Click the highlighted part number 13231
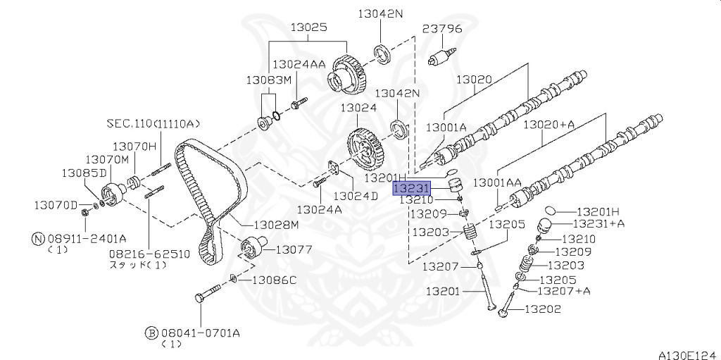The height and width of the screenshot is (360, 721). point(411,189)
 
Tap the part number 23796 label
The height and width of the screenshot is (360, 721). point(442,29)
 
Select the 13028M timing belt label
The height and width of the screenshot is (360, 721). point(276,225)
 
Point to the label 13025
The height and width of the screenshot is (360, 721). point(308,27)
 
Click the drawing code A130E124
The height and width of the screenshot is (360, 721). point(689,354)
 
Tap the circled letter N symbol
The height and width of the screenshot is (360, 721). point(38,238)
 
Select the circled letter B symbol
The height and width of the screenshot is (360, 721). point(151,332)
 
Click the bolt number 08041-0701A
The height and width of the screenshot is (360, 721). point(199,332)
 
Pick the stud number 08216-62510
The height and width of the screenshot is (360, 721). point(149,254)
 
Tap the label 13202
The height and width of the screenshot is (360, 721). point(543,309)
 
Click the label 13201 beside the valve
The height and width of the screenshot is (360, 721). point(442,291)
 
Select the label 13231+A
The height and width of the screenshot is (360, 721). point(598,223)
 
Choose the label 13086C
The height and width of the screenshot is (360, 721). point(275,280)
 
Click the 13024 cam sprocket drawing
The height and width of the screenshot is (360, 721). point(365,149)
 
